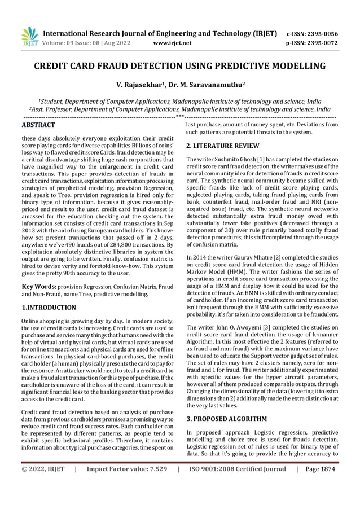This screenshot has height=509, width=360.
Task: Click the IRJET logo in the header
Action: pos(29,36)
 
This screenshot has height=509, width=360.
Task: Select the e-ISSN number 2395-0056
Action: pos(321,33)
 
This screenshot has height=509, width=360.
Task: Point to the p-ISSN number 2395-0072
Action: pos(321,42)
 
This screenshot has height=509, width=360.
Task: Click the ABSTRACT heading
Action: pos(38,124)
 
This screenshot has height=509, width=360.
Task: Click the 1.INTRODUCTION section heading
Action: pos(48,308)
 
